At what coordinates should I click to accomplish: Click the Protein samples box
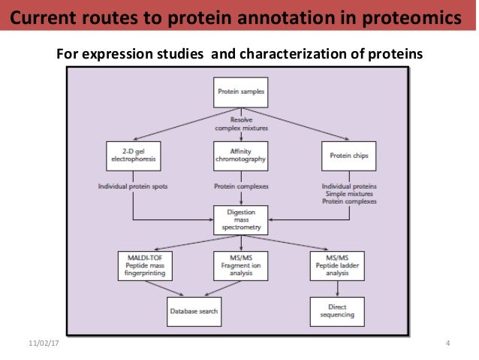pos(240,93)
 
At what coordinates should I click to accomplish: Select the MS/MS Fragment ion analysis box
pos(240,265)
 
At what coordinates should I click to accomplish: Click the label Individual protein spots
pos(133,186)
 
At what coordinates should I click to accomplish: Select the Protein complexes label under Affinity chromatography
pos(240,186)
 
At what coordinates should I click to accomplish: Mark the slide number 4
pos(447,344)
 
